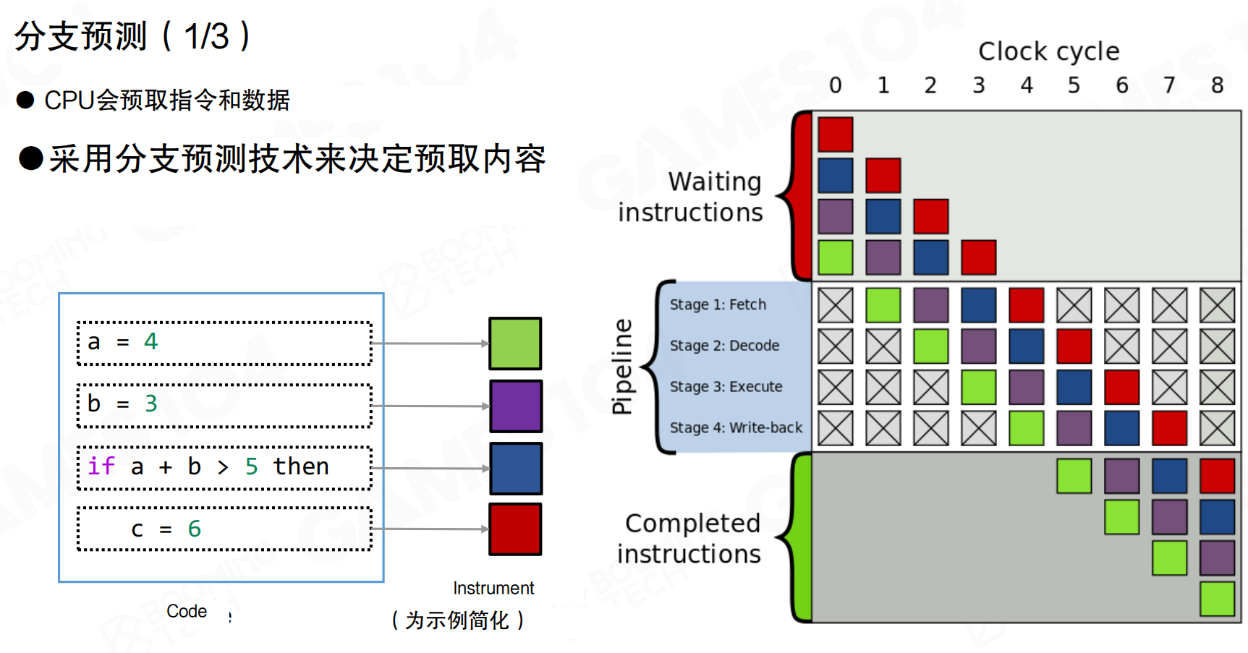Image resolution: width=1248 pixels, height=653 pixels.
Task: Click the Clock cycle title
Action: pos(1048,51)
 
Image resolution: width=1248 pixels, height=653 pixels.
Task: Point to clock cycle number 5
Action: pos(1074,85)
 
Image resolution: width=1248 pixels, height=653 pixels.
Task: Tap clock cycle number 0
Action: pos(836,85)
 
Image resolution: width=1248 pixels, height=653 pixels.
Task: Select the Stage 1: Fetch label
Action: pos(718,304)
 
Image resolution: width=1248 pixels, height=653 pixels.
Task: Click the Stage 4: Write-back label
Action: pos(736,427)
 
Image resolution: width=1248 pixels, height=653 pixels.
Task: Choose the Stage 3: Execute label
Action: pos(726,386)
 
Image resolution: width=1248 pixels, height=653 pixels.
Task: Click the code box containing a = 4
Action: pos(224,343)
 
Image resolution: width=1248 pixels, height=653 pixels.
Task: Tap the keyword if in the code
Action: pos(101,466)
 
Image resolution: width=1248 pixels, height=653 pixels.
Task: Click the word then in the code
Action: pos(301,466)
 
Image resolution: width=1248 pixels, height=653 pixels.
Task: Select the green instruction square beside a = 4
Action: pos(515,343)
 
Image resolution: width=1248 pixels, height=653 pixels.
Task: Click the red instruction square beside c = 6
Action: pos(515,529)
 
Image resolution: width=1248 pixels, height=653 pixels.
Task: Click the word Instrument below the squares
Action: pos(493,588)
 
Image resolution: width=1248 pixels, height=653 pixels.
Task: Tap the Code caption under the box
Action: pos(187,611)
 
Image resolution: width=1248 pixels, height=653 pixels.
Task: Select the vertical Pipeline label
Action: pos(621,367)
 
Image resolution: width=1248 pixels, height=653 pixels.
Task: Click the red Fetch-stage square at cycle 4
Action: pos(1026,305)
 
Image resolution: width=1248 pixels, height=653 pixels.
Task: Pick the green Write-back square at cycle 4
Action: pos(1026,428)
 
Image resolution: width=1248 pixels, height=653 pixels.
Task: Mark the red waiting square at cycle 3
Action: pos(978,257)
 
